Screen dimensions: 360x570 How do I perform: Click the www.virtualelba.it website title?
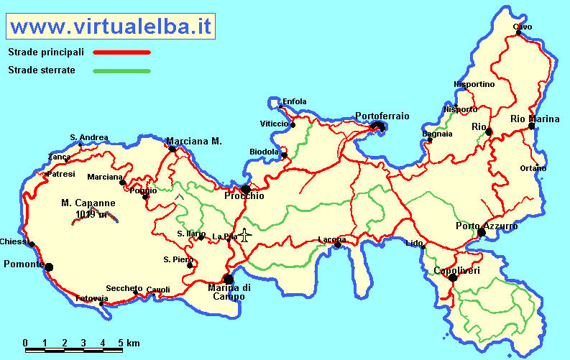pyautogui.click(x=112, y=27)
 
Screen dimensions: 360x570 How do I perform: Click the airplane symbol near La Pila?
pyautogui.click(x=245, y=235)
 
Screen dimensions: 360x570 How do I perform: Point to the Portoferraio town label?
pyautogui.click(x=382, y=116)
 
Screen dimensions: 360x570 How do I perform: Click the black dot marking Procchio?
pyautogui.click(x=246, y=190)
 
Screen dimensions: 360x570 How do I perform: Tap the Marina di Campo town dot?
pyautogui.click(x=229, y=280)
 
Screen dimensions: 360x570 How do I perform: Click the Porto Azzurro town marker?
pyautogui.click(x=482, y=232)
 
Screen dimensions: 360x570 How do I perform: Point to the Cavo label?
pyautogui.click(x=523, y=27)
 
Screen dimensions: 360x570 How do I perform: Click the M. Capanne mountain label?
pyautogui.click(x=88, y=203)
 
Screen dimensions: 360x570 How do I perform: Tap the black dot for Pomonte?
pyautogui.click(x=49, y=267)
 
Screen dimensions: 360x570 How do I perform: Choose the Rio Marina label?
pyautogui.click(x=535, y=119)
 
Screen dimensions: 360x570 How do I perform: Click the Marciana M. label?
pyautogui.click(x=194, y=141)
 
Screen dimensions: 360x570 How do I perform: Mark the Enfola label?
pyautogui.click(x=295, y=101)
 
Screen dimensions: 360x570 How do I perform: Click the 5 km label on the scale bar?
pyautogui.click(x=129, y=342)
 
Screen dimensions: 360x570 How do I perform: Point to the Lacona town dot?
pyautogui.click(x=338, y=245)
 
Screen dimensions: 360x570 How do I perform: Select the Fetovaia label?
pyautogui.click(x=91, y=297)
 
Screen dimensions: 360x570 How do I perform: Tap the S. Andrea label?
pyautogui.click(x=89, y=137)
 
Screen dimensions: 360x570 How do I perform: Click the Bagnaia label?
pyautogui.click(x=438, y=134)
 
